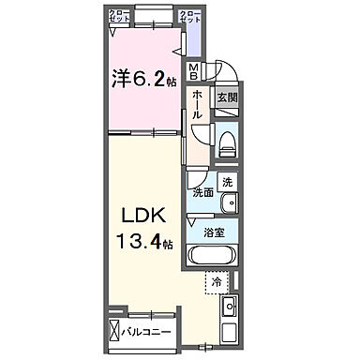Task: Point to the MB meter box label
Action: pyautogui.click(x=194, y=70)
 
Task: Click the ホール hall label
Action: pyautogui.click(x=198, y=101)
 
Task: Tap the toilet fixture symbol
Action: pyautogui.click(x=226, y=143)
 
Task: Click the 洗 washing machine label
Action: pyautogui.click(x=228, y=183)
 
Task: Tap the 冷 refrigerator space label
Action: pyautogui.click(x=217, y=279)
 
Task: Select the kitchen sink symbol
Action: pyautogui.click(x=229, y=307)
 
